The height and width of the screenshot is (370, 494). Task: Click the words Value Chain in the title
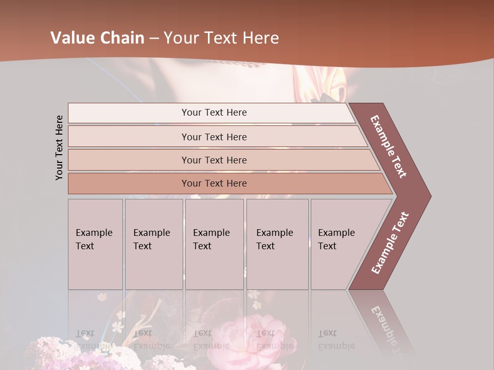[97, 38]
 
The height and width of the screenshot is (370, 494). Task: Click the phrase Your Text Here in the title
[221, 38]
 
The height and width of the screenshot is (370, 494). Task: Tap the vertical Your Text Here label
[59, 147]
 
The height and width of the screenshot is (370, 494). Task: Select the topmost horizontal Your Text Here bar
[214, 113]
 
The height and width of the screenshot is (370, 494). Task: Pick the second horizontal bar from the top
[214, 137]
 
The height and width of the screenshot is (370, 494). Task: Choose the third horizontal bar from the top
[214, 160]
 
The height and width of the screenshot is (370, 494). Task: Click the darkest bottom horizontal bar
[214, 183]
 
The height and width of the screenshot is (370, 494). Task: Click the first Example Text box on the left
[95, 244]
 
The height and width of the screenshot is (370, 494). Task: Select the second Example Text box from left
[153, 244]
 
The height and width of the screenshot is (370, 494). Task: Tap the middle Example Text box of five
[214, 244]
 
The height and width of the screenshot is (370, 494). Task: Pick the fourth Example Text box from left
[277, 244]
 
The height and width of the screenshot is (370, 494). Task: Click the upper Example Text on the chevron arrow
[389, 146]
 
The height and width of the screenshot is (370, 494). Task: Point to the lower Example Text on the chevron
[390, 243]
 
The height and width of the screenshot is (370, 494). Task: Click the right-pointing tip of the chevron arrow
[428, 196]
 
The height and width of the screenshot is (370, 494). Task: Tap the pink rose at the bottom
[260, 337]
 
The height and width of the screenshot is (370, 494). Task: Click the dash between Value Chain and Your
[154, 39]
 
